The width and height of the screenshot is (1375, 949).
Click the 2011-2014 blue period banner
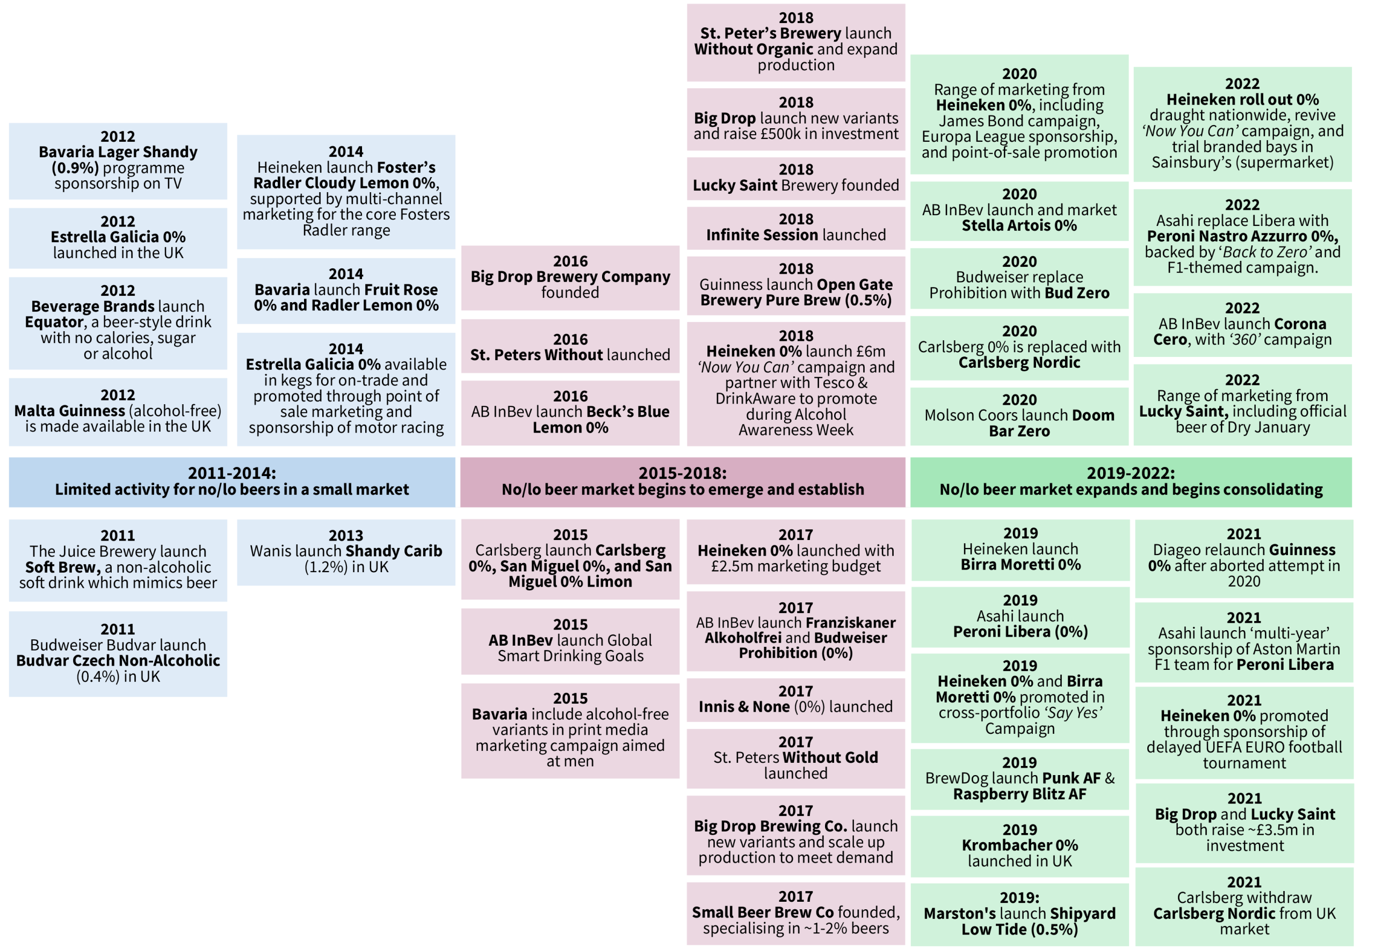tap(232, 482)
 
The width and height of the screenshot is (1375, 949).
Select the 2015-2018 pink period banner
tap(683, 482)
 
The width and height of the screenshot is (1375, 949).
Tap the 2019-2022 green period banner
tap(1131, 482)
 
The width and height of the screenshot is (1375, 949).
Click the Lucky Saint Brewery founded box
tap(796, 178)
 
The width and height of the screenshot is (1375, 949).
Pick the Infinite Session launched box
tap(796, 228)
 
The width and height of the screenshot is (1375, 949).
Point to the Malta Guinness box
tap(118, 412)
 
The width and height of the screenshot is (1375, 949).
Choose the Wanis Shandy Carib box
tap(346, 552)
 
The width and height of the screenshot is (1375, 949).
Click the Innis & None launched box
tap(796, 700)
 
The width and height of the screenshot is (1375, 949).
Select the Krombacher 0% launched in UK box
tap(1020, 846)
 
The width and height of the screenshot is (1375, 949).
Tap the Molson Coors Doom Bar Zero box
tap(1019, 416)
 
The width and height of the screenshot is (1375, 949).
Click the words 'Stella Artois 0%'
tap(1019, 226)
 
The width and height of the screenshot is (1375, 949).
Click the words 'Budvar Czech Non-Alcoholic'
tap(118, 661)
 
